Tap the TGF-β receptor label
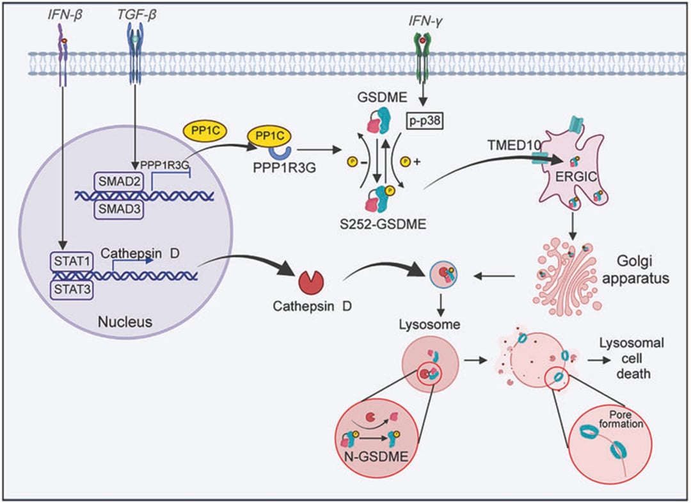coord(136,13)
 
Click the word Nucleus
coord(129,321)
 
